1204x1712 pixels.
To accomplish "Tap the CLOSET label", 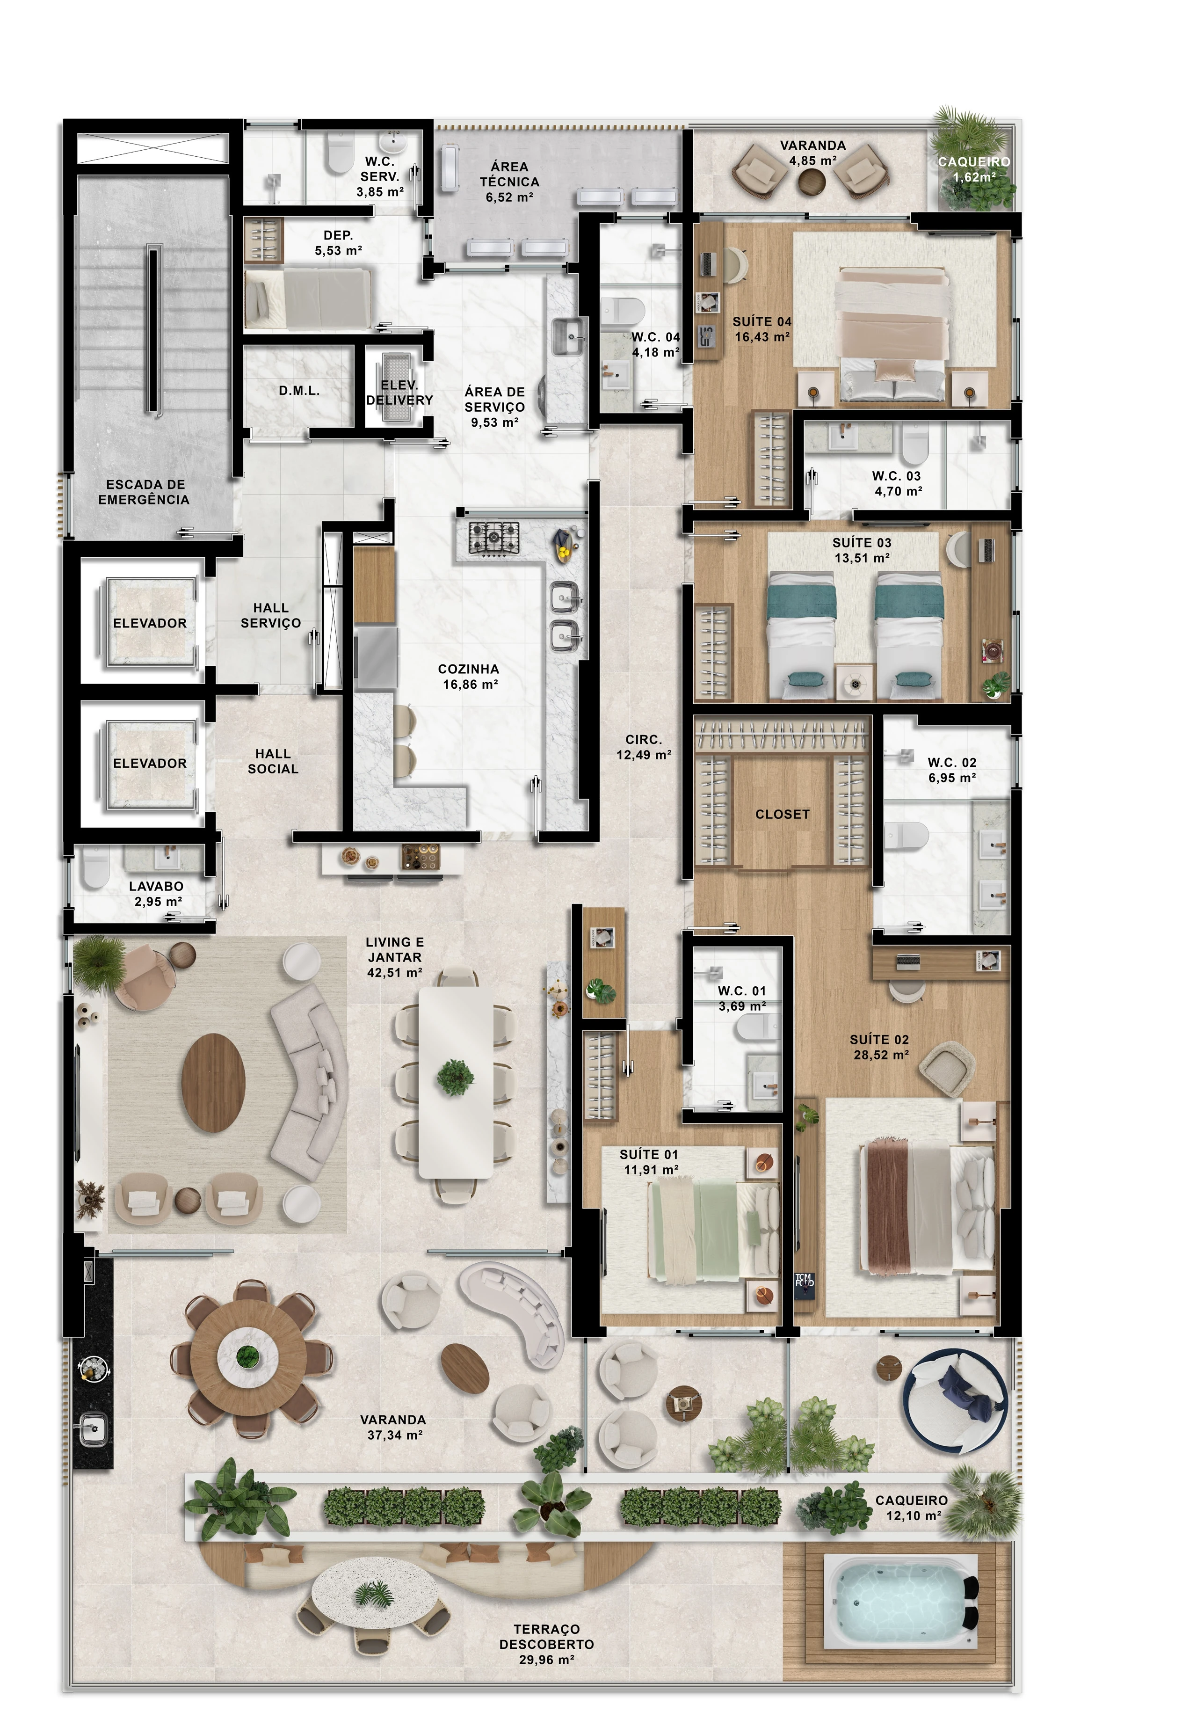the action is (x=782, y=814).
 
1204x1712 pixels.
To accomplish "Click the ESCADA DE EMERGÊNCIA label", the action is (x=144, y=492).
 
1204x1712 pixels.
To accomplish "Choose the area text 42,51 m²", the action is (x=394, y=972).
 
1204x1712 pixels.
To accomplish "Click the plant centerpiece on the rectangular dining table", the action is (x=455, y=1077).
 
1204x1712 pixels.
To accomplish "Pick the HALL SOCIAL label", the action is (x=273, y=761).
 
